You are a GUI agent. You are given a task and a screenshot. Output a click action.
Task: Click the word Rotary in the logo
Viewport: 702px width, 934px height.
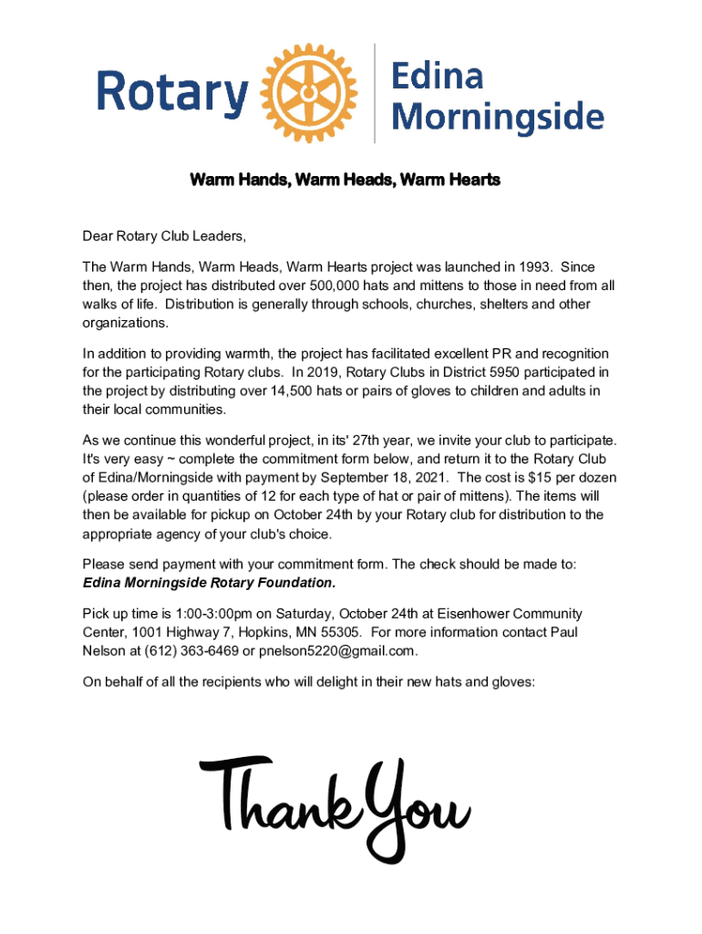coord(173,93)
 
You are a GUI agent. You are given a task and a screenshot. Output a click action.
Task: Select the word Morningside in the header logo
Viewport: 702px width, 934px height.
coord(503,116)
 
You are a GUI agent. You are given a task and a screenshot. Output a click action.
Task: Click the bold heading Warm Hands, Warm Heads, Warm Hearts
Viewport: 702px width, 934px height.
coord(345,181)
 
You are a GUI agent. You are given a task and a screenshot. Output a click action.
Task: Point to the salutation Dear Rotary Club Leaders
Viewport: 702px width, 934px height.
coord(164,237)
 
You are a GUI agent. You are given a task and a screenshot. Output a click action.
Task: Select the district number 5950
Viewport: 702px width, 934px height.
coord(449,372)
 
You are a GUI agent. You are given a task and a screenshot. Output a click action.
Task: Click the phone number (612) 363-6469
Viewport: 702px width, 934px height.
coord(188,650)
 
